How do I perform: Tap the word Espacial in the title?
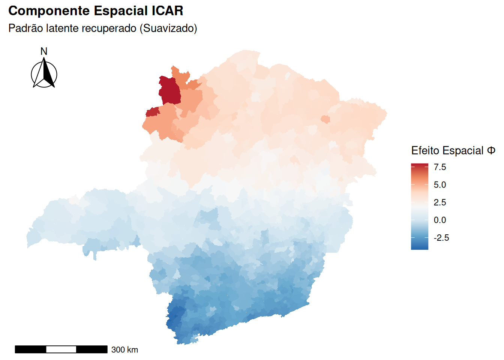[x=121, y=11]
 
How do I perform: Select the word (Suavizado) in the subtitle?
[x=168, y=28]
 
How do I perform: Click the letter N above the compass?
[x=44, y=51]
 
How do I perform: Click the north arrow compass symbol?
[x=44, y=73]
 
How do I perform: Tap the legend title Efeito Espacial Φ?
[x=453, y=151]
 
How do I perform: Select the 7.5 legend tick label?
[x=440, y=167]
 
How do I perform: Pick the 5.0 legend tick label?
[x=440, y=185]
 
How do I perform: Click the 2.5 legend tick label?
[x=440, y=202]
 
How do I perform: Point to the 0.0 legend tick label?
[x=440, y=220]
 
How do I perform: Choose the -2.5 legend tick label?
[x=441, y=238]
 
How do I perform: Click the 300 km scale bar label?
[x=124, y=350]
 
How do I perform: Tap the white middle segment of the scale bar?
[x=61, y=349]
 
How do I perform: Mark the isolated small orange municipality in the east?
[x=325, y=120]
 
